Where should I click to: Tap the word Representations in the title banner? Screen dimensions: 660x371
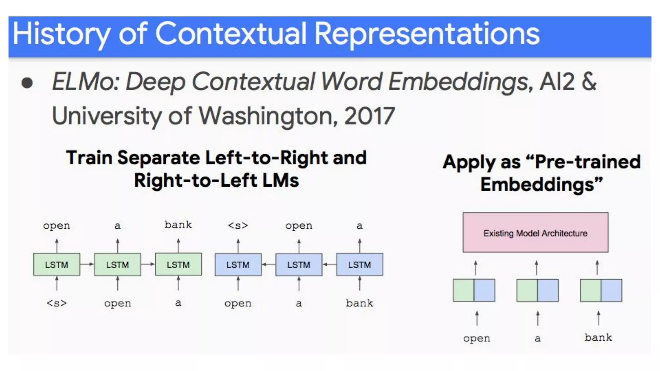click(427, 34)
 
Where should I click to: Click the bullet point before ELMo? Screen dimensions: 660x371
click(27, 83)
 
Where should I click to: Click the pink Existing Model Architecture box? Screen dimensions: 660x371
click(535, 233)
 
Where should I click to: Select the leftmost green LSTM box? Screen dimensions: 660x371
click(57, 264)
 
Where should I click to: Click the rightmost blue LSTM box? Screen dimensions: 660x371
click(360, 264)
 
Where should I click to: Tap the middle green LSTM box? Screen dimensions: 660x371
click(117, 264)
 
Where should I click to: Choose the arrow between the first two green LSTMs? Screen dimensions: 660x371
click(87, 264)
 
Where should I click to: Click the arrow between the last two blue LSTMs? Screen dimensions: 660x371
click(329, 264)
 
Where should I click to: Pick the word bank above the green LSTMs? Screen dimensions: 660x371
click(178, 225)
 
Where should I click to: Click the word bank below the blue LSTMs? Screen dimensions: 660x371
click(360, 303)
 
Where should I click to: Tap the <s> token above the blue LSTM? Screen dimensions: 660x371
click(238, 225)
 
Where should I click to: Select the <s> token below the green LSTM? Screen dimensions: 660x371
click(57, 303)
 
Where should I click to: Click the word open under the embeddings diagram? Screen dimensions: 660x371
click(477, 338)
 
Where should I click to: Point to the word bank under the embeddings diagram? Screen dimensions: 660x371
click(598, 338)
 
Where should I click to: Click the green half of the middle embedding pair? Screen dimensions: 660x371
click(527, 290)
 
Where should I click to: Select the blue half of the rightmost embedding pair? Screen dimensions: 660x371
click(612, 290)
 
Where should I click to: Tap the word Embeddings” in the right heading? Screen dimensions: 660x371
click(541, 185)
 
